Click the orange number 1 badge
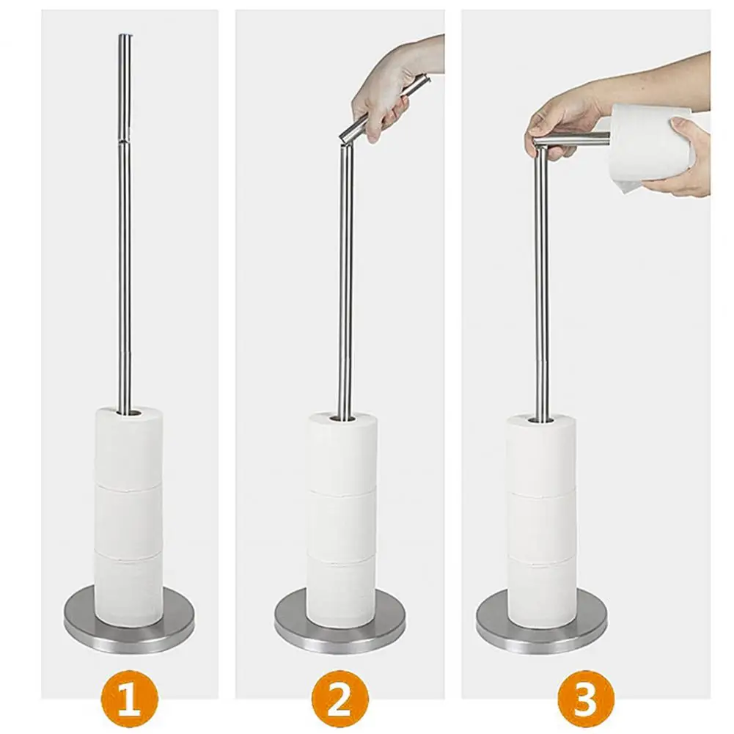tap(129, 698)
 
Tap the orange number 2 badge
tap(339, 698)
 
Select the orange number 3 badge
tap(585, 698)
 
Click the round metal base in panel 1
tap(129, 635)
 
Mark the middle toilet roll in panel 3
tap(541, 525)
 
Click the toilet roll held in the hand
tap(653, 143)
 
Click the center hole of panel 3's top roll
tap(541, 420)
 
